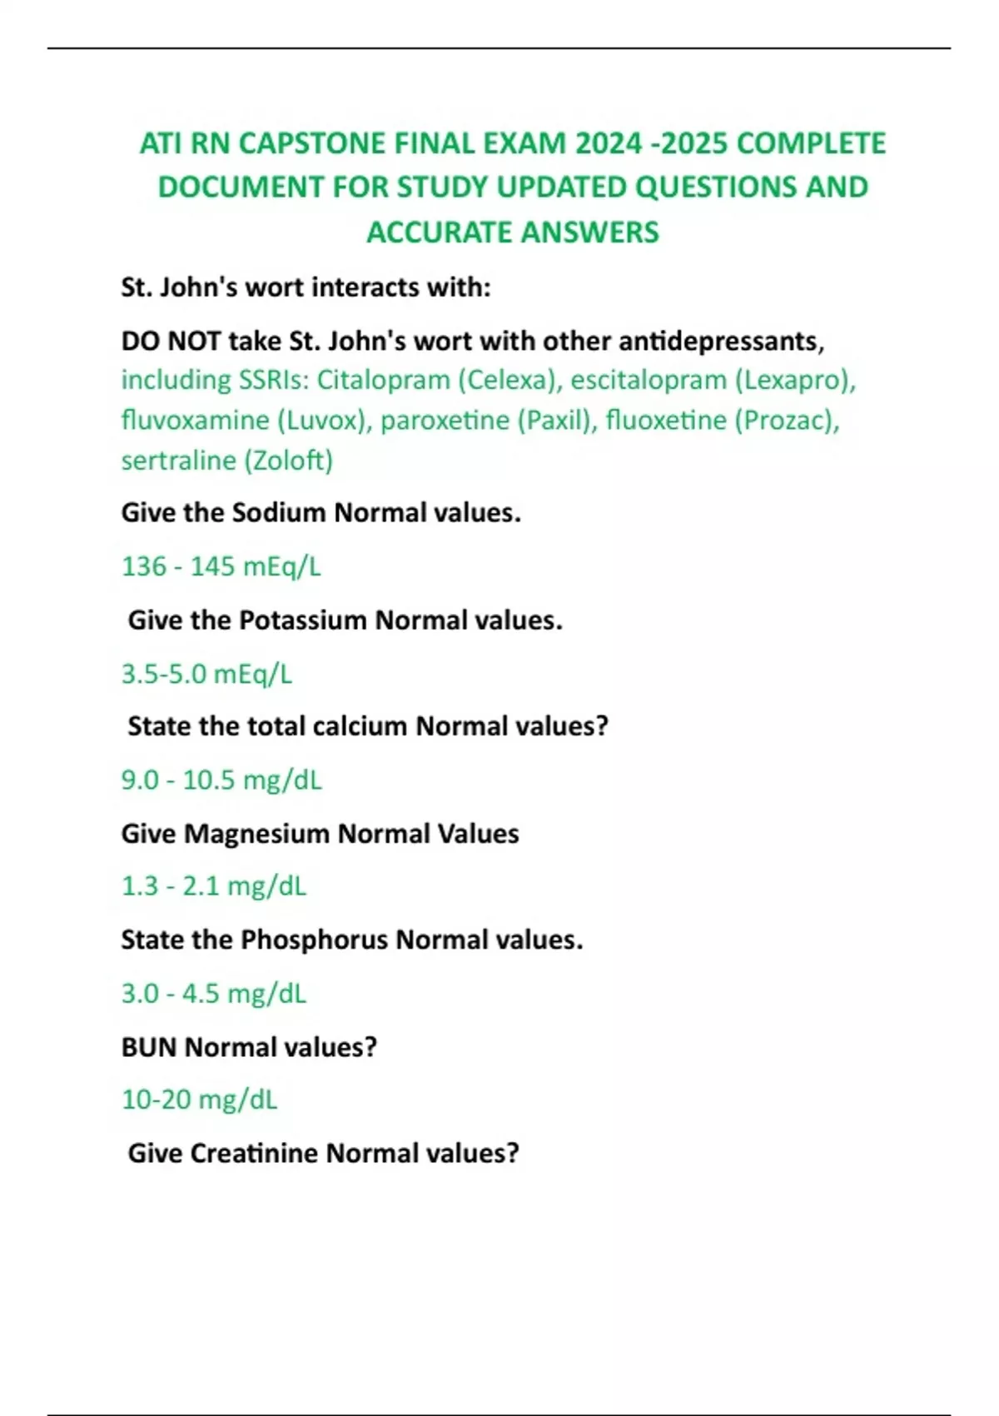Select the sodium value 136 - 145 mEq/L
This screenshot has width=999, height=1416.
pos(221,566)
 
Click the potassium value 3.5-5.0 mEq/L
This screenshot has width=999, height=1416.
pos(206,674)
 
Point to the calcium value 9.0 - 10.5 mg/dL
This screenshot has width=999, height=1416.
pos(221,780)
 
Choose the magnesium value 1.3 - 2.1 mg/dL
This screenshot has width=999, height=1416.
pos(213,886)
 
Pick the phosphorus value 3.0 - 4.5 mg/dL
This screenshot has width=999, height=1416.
pos(213,994)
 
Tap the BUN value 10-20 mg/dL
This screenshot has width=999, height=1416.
pos(199,1100)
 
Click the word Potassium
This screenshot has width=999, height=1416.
pos(303,621)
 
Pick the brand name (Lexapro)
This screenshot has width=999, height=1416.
pos(795,381)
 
